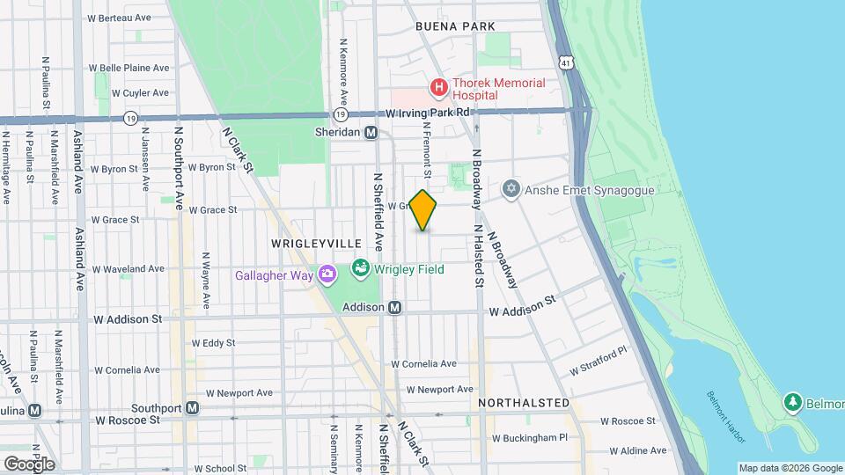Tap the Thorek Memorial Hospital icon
tap(437, 88)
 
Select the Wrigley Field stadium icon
tap(360, 267)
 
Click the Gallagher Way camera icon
tap(327, 275)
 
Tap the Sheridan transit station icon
tap(371, 132)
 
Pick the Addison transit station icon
tap(395, 307)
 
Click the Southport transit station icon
tap(192, 408)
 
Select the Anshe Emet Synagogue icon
tap(511, 189)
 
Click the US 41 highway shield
tap(565, 61)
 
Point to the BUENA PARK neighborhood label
tap(456, 27)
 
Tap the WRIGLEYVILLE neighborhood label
tap(304, 243)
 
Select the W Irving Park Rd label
tap(430, 113)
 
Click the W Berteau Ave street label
tap(129, 18)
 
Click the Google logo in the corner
tap(29, 464)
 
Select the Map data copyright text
tap(789, 468)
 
